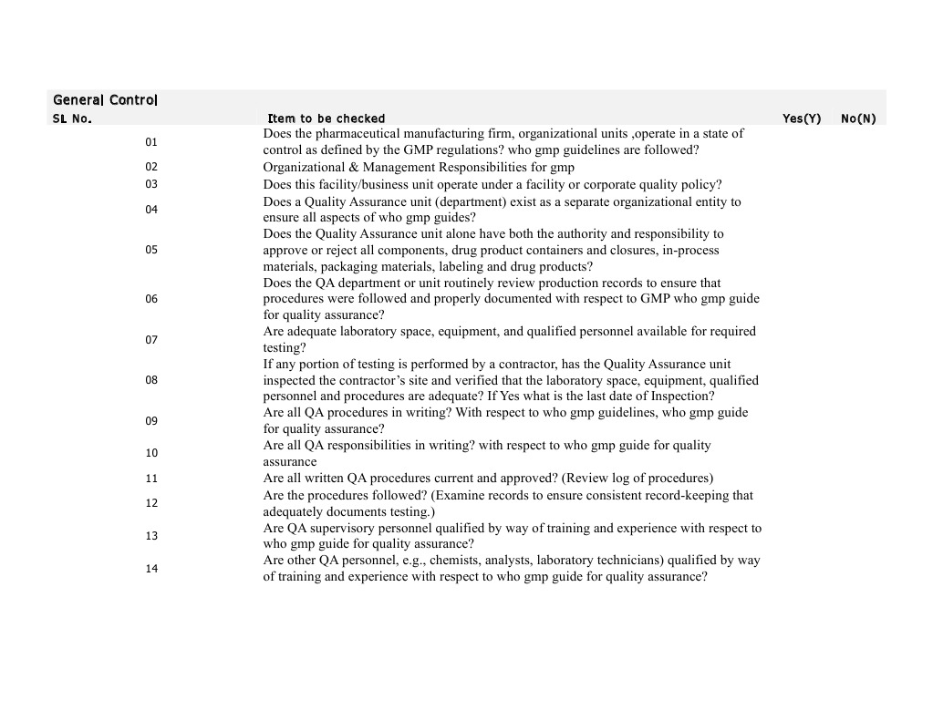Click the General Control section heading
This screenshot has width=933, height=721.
click(x=105, y=99)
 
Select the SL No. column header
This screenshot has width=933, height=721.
click(x=72, y=118)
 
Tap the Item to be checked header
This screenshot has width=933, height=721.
click(x=326, y=118)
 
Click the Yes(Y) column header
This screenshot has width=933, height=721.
click(x=802, y=118)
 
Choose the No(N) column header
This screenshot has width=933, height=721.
click(x=858, y=118)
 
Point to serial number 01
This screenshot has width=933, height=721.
click(x=151, y=142)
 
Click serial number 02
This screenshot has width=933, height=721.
click(x=151, y=167)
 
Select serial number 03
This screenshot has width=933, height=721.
click(x=151, y=184)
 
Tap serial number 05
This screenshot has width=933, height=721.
click(x=151, y=251)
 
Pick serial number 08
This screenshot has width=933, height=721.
click(x=151, y=380)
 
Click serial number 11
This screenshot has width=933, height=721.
click(x=151, y=479)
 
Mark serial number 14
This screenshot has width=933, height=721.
click(x=151, y=569)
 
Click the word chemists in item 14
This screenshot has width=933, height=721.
click(x=427, y=561)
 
